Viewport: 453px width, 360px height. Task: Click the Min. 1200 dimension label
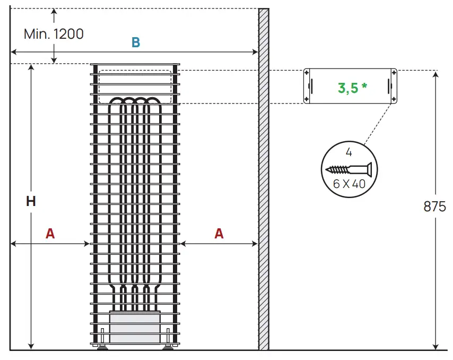(x=54, y=34)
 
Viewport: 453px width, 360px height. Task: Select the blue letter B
(x=136, y=43)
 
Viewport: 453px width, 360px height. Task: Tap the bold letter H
(x=31, y=201)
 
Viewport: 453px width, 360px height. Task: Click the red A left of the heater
(x=50, y=234)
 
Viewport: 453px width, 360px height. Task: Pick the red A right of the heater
(x=219, y=234)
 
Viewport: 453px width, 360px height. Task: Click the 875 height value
(x=435, y=207)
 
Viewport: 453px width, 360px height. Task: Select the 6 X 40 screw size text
(x=350, y=184)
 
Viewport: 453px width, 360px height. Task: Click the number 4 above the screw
(x=349, y=153)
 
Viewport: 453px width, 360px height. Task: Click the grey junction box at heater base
(x=135, y=327)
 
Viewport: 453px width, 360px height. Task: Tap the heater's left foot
(x=101, y=347)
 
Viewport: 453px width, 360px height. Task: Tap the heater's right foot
(x=168, y=347)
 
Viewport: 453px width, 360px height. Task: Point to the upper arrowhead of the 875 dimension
(x=435, y=74)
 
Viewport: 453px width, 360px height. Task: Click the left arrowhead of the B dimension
(x=14, y=52)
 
